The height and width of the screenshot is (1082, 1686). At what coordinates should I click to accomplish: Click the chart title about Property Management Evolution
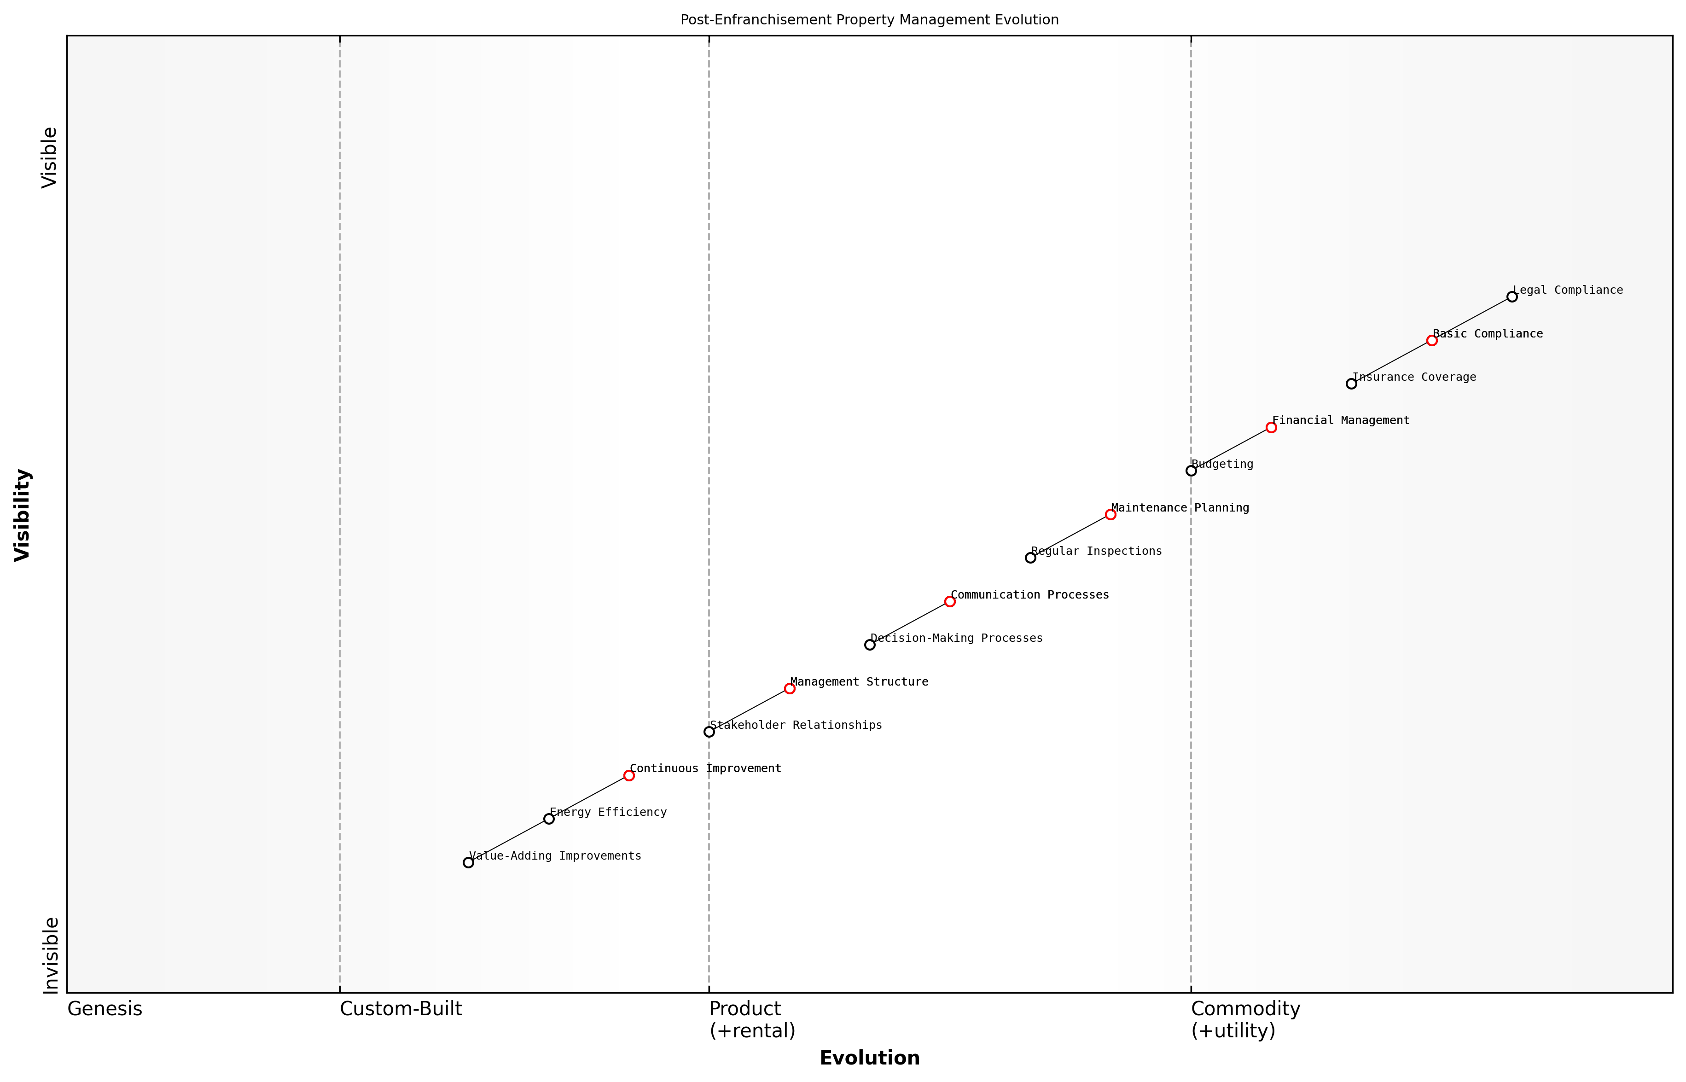point(869,20)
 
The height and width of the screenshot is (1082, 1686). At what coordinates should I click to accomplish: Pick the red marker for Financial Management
point(1271,427)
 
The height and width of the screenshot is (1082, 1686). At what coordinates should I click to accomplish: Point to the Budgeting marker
point(1191,471)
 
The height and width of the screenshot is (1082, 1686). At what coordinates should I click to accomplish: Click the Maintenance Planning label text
point(1180,508)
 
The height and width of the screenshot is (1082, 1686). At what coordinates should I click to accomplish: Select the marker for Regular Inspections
point(1030,558)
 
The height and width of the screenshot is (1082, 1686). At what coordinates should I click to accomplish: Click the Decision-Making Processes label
point(956,639)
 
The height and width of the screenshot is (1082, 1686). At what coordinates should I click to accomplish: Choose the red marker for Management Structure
point(790,688)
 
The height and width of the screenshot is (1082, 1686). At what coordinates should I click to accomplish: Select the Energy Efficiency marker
point(549,819)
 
